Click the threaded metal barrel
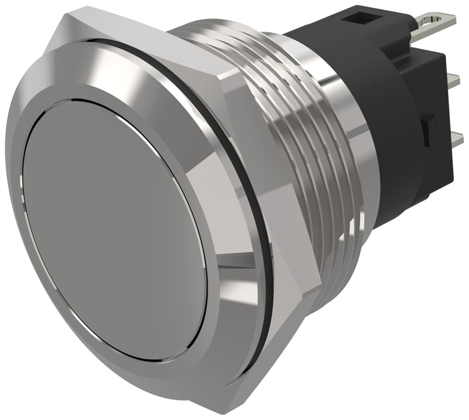(300, 140)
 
